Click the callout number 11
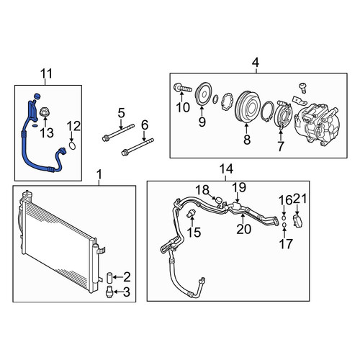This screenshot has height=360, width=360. [x=46, y=73]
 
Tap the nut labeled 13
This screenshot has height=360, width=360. [x=45, y=112]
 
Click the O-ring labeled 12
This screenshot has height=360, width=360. [x=73, y=145]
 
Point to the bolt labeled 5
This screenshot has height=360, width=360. [x=118, y=132]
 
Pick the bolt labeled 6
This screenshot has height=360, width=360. [x=138, y=146]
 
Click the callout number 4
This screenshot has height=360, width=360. [x=256, y=63]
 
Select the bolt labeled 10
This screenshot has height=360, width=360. [x=182, y=89]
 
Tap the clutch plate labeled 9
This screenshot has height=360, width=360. [x=203, y=94]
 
